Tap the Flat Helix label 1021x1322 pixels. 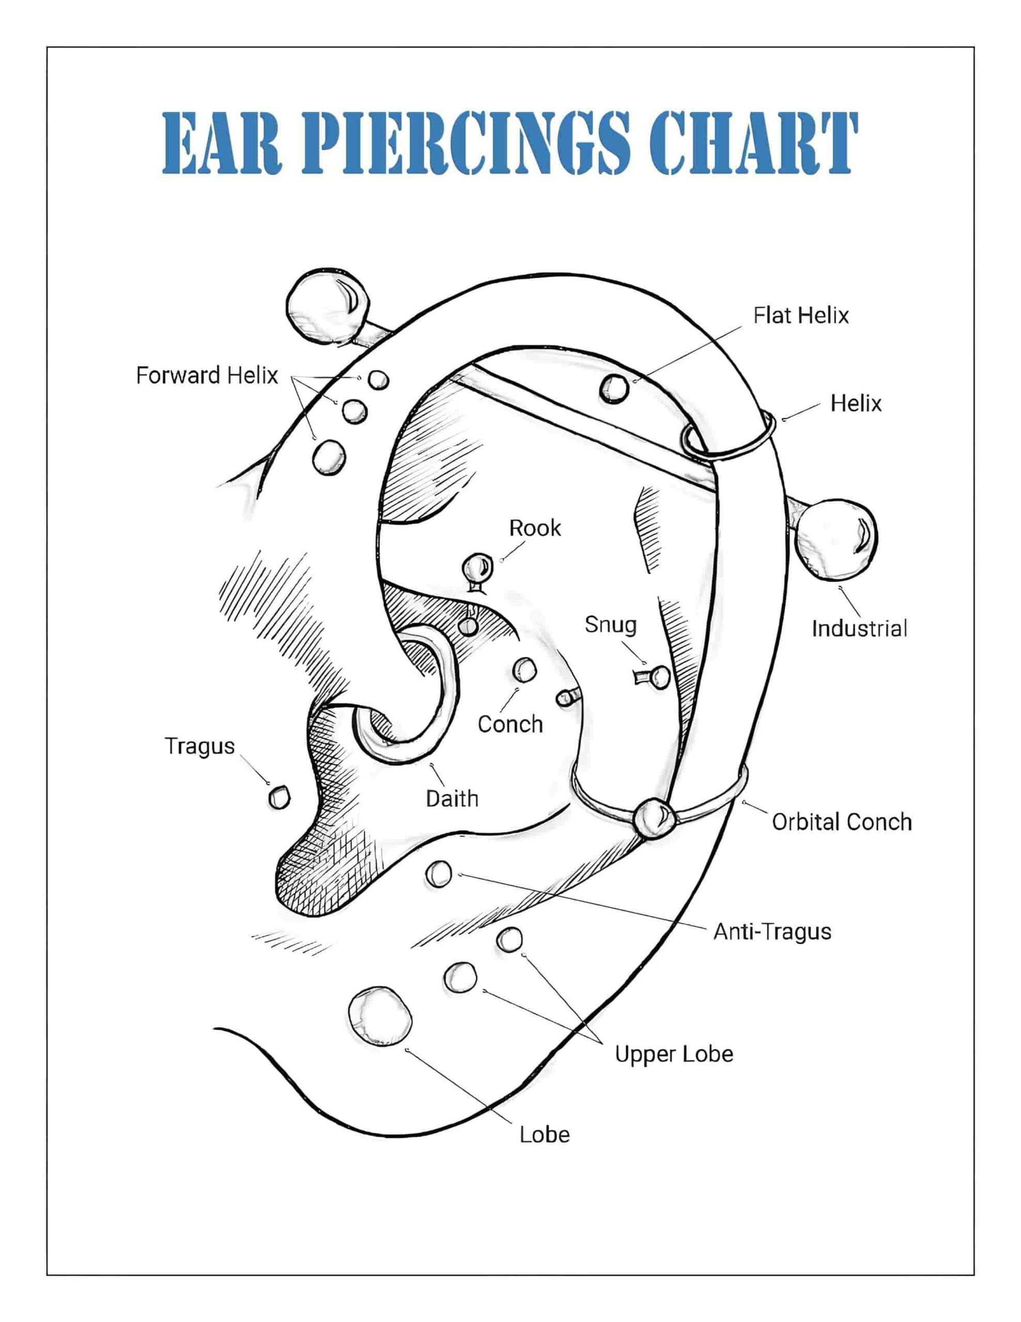[800, 316]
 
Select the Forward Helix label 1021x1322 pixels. [207, 375]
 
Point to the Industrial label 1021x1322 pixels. [859, 628]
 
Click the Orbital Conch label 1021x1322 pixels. [842, 822]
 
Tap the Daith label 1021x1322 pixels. [452, 798]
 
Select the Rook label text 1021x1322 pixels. [535, 528]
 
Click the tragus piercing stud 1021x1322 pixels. [279, 797]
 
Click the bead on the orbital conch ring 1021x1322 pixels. [653, 819]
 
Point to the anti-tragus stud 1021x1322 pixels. [439, 873]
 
